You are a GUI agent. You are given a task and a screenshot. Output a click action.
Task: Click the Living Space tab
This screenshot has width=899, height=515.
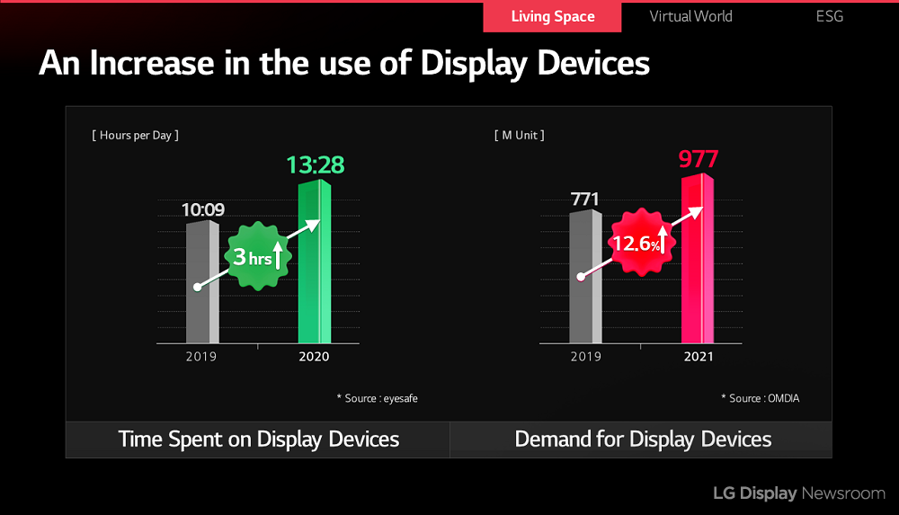click(x=552, y=16)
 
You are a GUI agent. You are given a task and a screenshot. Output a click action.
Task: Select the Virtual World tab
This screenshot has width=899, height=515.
click(x=690, y=16)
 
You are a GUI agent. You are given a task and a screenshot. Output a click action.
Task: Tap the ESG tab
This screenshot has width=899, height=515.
click(x=830, y=16)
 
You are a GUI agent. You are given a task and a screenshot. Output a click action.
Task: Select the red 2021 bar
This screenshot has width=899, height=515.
click(x=698, y=270)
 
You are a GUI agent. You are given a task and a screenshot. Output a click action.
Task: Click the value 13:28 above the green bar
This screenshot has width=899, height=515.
click(x=316, y=165)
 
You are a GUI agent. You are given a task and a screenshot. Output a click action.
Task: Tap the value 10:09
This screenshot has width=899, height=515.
click(x=203, y=210)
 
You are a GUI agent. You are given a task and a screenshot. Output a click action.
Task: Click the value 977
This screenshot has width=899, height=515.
click(x=699, y=160)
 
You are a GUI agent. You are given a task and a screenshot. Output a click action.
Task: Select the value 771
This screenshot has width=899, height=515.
click(x=584, y=199)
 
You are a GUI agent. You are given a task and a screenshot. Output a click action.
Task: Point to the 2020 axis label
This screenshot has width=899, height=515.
click(x=315, y=357)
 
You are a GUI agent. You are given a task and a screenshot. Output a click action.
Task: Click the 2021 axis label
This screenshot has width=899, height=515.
click(x=698, y=357)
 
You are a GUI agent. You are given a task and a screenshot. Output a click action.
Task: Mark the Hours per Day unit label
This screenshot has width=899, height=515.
click(x=135, y=135)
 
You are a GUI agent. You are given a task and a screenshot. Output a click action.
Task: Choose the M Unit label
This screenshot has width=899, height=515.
click(x=519, y=135)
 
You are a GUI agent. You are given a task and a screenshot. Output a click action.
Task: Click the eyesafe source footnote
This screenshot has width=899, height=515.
click(x=377, y=397)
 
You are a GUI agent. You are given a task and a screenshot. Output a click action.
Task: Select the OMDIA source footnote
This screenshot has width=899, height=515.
click(x=760, y=397)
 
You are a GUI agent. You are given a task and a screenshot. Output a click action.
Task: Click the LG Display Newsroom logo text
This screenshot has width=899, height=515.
click(x=798, y=493)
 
